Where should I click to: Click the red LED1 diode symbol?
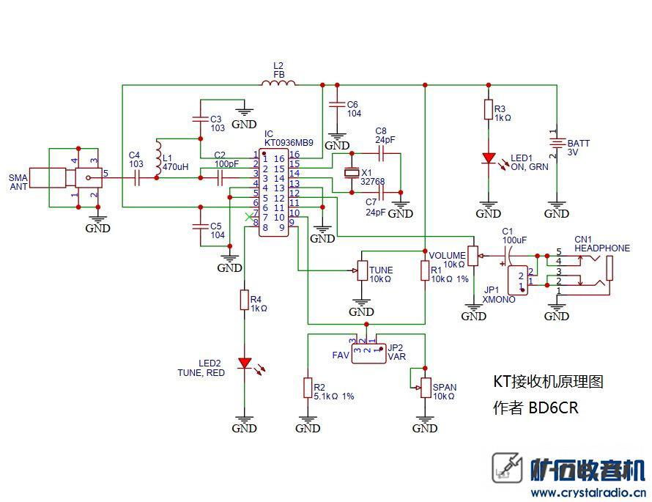(489, 158)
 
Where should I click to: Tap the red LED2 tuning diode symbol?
(244, 363)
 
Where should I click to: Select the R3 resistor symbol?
(489, 110)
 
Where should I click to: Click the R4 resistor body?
(244, 300)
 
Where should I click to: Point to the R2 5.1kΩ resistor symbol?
(308, 388)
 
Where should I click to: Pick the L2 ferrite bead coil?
(278, 83)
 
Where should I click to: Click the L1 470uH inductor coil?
(158, 158)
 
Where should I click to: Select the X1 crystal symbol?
(352, 173)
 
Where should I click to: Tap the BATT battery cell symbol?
(557, 143)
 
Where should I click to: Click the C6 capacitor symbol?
(337, 104)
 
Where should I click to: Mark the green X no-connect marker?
(249, 217)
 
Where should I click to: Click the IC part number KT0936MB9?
(289, 143)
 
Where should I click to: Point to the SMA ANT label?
(18, 182)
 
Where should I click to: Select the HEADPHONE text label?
(602, 248)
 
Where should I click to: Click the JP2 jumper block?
(368, 353)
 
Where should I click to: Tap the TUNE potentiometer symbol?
(362, 270)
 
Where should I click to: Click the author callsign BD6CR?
(553, 407)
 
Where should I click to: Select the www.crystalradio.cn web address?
(588, 493)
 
